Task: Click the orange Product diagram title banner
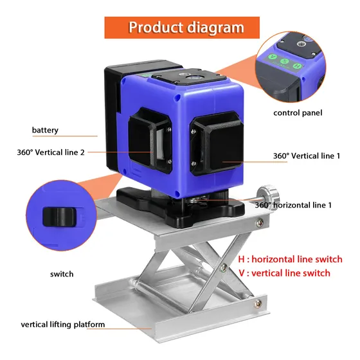(182, 27)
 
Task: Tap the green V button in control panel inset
(273, 57)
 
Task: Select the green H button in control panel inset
(297, 66)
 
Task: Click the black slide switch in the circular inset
(59, 217)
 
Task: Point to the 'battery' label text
(45, 130)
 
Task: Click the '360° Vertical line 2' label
(51, 152)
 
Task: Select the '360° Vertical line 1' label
(306, 156)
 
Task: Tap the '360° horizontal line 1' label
(293, 205)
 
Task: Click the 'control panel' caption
(298, 113)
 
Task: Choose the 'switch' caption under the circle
(62, 274)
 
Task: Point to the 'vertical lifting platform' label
(63, 325)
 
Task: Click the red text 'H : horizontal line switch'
(290, 259)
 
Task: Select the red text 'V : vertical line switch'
(284, 273)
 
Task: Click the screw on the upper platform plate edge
(260, 222)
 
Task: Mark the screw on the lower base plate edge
(258, 303)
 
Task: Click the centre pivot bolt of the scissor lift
(224, 267)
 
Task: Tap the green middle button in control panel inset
(284, 61)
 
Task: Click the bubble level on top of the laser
(192, 78)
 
